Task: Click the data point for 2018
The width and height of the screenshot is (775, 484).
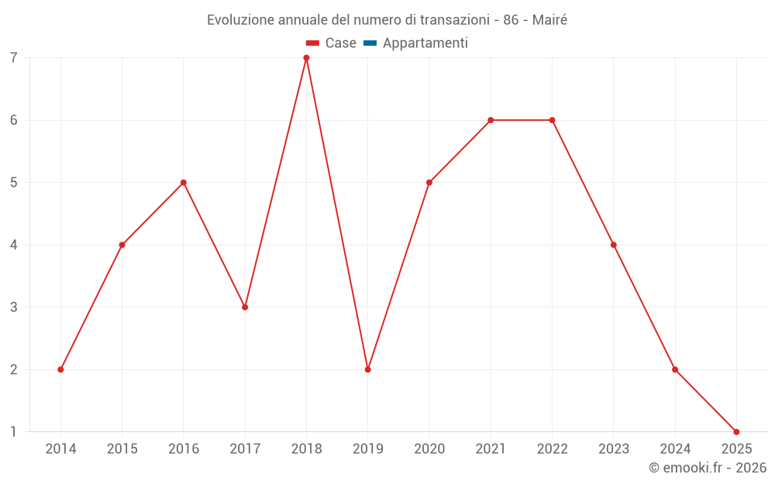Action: coord(306,58)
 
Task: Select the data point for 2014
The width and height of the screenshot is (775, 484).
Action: coord(60,369)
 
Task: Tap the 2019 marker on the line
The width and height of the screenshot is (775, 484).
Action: coord(367,369)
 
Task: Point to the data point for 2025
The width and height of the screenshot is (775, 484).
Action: coord(736,431)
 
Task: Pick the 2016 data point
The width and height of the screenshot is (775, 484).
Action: coord(184,183)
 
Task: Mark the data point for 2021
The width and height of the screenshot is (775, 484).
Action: coord(491,120)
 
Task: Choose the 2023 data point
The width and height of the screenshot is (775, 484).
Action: coord(614,245)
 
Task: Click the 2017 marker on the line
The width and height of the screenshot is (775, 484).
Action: coord(245,307)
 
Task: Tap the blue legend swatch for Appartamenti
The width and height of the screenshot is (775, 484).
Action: coord(370,43)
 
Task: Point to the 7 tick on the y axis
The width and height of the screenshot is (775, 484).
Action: coord(14,58)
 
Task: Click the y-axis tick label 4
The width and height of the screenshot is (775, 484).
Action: coord(14,245)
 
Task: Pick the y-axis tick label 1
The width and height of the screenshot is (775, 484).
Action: coord(14,431)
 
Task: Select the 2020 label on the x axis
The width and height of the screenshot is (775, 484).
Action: coord(429,449)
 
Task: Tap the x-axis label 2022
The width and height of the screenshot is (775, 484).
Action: coord(552,449)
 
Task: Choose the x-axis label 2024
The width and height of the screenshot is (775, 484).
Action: coord(675,449)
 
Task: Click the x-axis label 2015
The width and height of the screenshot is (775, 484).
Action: coord(122,449)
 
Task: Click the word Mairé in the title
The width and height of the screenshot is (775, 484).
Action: coord(549,20)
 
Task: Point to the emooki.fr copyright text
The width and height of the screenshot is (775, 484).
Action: coord(708,468)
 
